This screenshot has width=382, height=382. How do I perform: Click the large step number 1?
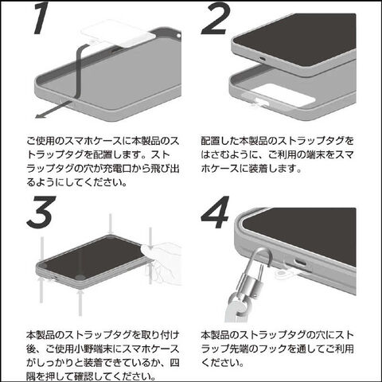[x=42, y=18]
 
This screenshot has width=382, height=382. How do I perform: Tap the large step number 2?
[x=216, y=18]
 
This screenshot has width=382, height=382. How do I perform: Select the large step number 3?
[x=41, y=212]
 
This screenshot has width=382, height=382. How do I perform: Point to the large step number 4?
[x=215, y=212]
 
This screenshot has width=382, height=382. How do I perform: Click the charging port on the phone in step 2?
[x=263, y=59]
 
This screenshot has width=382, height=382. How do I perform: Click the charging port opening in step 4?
[x=300, y=263]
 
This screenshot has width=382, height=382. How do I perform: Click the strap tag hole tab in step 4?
[x=282, y=273]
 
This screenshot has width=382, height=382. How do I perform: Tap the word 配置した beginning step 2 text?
[x=220, y=141]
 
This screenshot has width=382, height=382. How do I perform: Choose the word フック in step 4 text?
[x=274, y=349]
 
